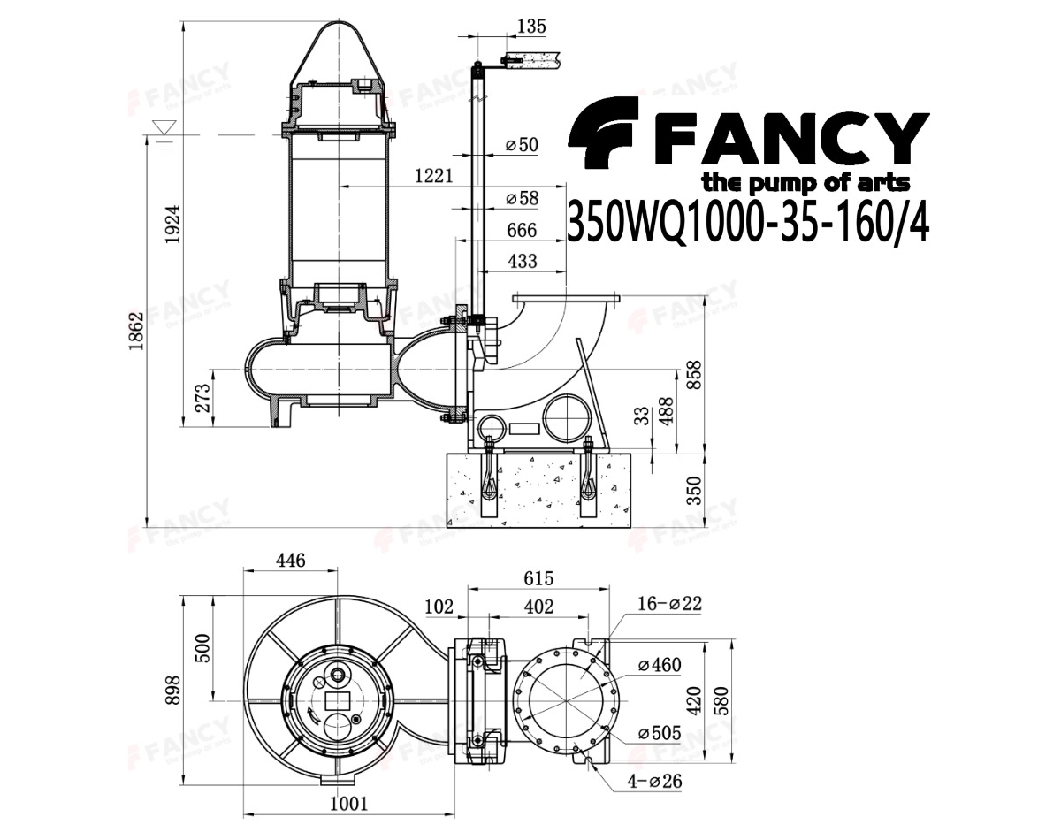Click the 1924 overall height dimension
point(173,224)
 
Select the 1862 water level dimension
point(136,331)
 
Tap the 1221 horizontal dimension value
point(433,175)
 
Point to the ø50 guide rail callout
point(522,144)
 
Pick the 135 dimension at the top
point(531,27)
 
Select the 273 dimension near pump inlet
point(202,398)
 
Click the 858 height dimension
point(694,375)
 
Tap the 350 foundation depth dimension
point(694,490)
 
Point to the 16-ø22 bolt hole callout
point(669,603)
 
